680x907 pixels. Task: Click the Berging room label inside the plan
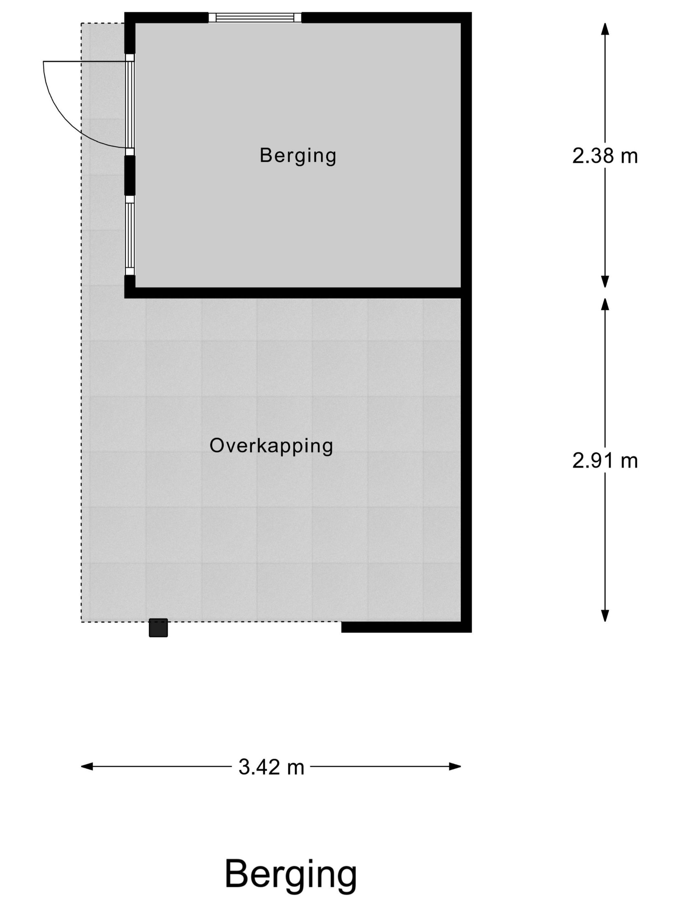pyautogui.click(x=298, y=156)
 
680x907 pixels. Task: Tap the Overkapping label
pyautogui.click(x=271, y=446)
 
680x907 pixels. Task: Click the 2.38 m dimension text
pyautogui.click(x=605, y=156)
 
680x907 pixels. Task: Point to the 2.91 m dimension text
pyautogui.click(x=605, y=461)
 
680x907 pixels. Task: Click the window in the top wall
pyautogui.click(x=255, y=17)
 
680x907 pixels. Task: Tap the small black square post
pyautogui.click(x=158, y=628)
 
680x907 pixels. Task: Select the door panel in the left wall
pyautogui.click(x=130, y=105)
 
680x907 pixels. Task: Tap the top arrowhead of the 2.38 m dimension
pyautogui.click(x=605, y=29)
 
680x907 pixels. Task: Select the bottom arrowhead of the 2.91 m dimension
pyautogui.click(x=605, y=615)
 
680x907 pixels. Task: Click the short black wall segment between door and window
pyautogui.click(x=130, y=175)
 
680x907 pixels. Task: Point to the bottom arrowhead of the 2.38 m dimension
pyautogui.click(x=605, y=282)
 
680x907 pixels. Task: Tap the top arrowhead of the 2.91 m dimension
pyautogui.click(x=605, y=304)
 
